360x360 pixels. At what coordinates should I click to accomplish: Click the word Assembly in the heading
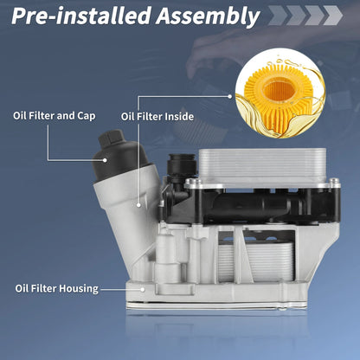pos(208,16)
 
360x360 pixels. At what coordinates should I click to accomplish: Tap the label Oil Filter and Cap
pos(55,116)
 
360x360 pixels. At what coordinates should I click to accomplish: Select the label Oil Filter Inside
pos(157,117)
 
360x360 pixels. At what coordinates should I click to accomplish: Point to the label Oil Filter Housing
pos(57,288)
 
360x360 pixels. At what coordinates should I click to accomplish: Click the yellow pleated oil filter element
pos(280,96)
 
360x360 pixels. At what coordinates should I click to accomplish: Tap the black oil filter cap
pos(122,156)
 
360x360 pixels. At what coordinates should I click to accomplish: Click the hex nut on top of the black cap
pos(110,138)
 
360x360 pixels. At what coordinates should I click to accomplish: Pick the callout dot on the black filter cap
pos(105,159)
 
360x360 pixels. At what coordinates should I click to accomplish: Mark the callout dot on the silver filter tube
pos(138,205)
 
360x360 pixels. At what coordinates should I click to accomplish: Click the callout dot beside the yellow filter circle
pos(230,97)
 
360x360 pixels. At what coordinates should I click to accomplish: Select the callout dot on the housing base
pos(143,289)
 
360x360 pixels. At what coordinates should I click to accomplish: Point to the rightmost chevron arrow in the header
pos(332,16)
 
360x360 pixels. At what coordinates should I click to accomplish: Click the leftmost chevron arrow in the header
pos(278,16)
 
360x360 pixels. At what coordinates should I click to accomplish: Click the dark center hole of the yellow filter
pos(279,90)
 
